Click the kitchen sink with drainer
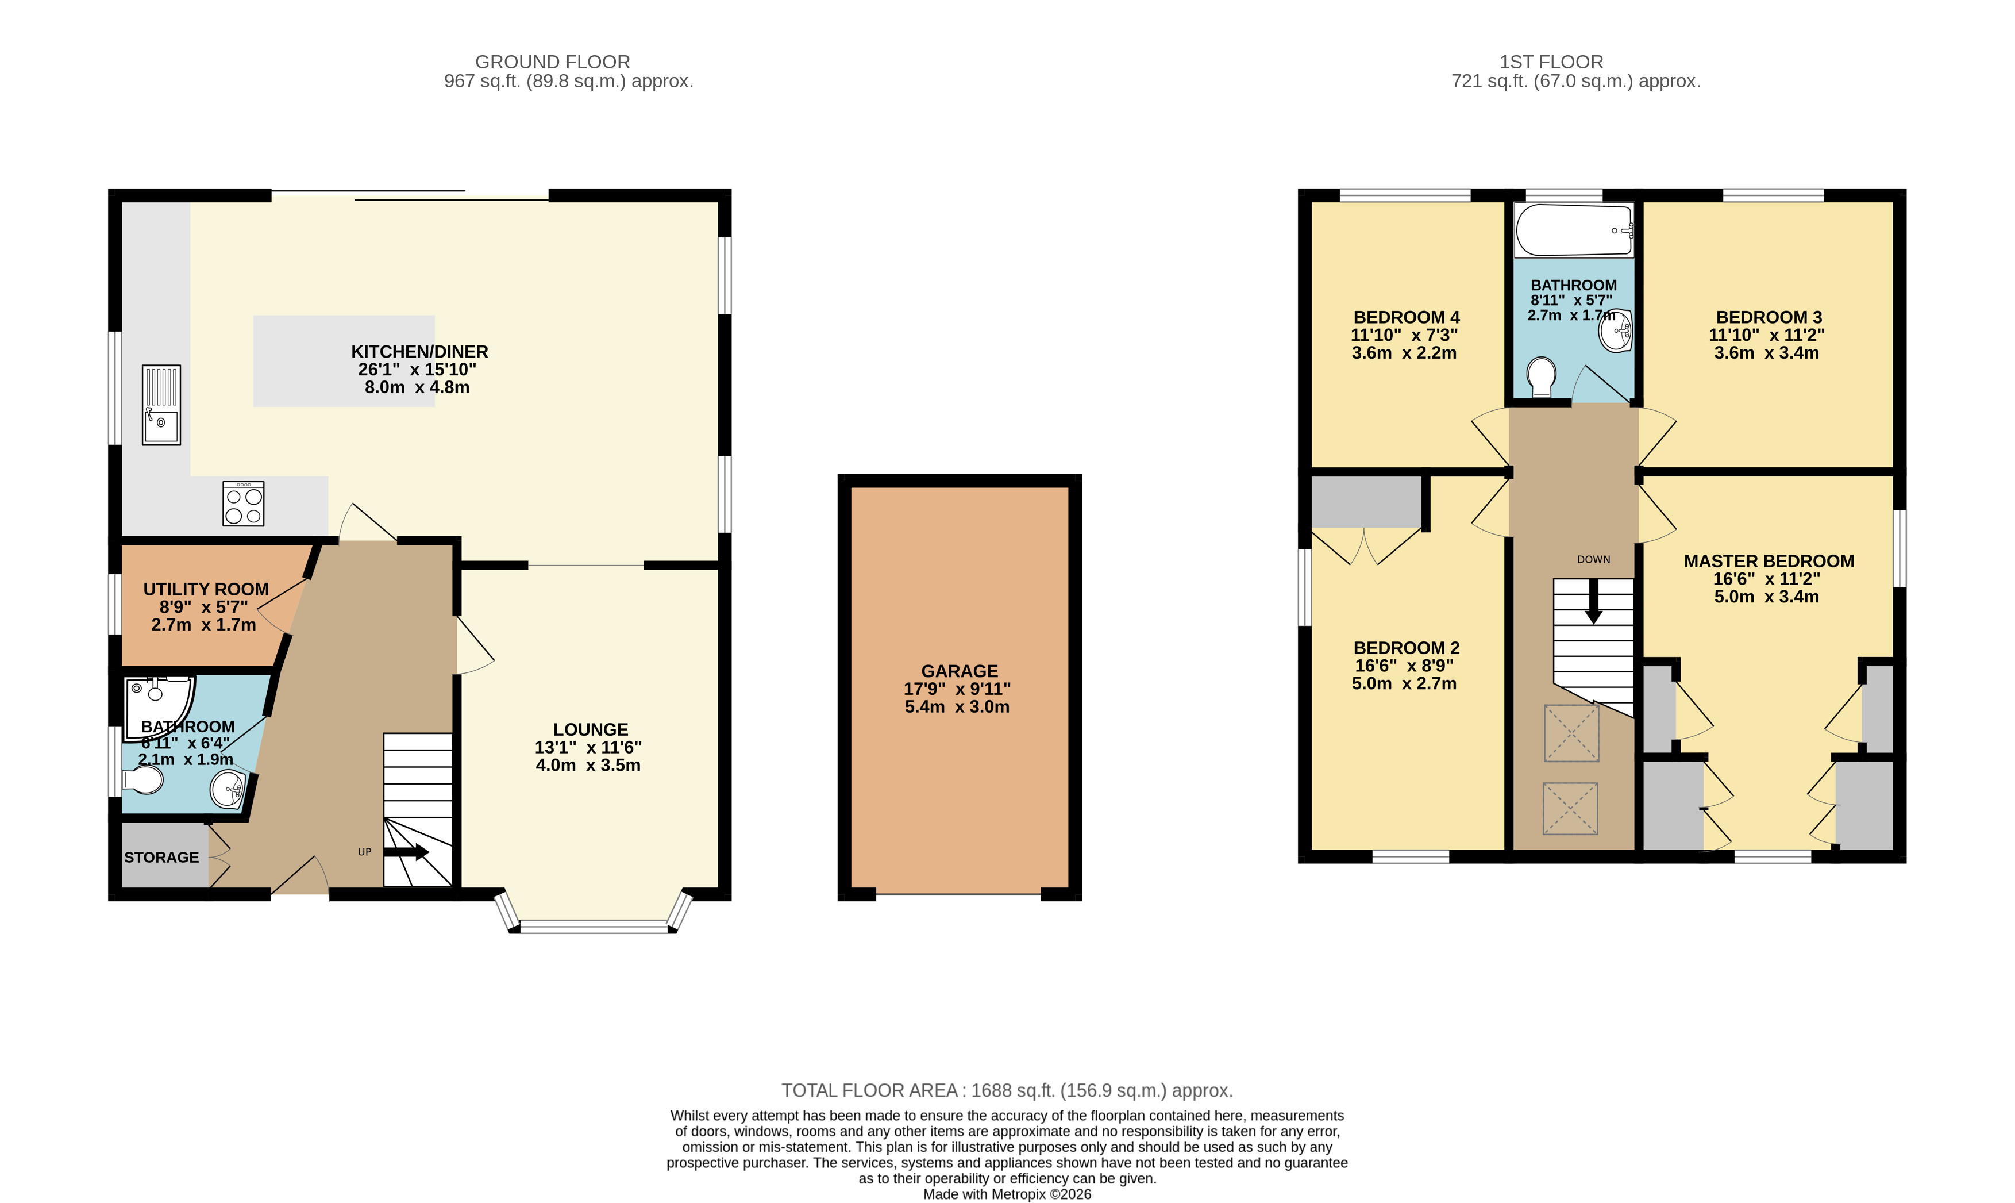[x=161, y=405]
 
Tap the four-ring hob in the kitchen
[x=244, y=504]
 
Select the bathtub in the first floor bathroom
[x=1573, y=230]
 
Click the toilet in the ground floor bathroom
[x=142, y=780]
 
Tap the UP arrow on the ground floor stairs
[x=406, y=852]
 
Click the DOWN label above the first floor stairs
[x=1593, y=559]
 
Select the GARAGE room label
[x=960, y=671]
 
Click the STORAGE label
[x=161, y=857]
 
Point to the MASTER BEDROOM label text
[x=1769, y=561]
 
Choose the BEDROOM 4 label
[x=1407, y=317]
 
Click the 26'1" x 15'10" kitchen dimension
[x=417, y=370]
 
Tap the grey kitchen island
[x=344, y=361]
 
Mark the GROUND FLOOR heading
[x=553, y=62]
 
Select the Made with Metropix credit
[x=1007, y=1194]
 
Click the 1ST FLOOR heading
[x=1551, y=62]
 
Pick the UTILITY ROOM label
[x=206, y=589]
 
